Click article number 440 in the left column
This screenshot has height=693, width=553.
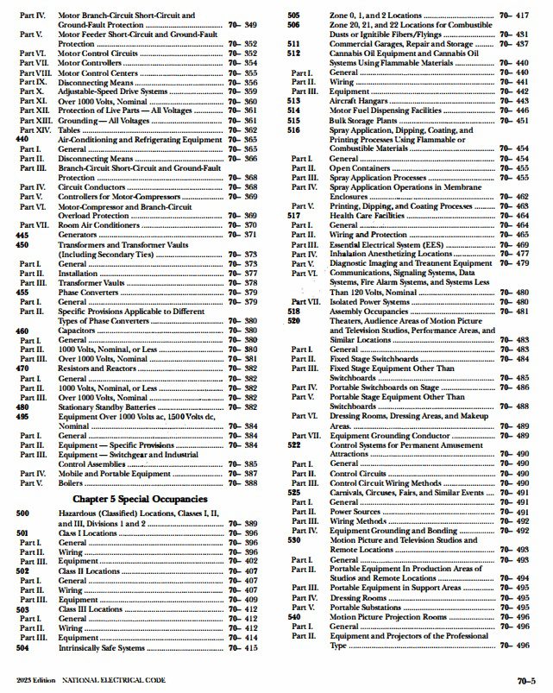click(x=22, y=139)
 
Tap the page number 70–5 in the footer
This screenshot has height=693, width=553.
click(x=528, y=681)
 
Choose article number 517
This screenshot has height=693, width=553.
click(x=292, y=215)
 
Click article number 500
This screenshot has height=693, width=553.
click(x=22, y=513)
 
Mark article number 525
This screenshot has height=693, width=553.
click(x=293, y=492)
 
